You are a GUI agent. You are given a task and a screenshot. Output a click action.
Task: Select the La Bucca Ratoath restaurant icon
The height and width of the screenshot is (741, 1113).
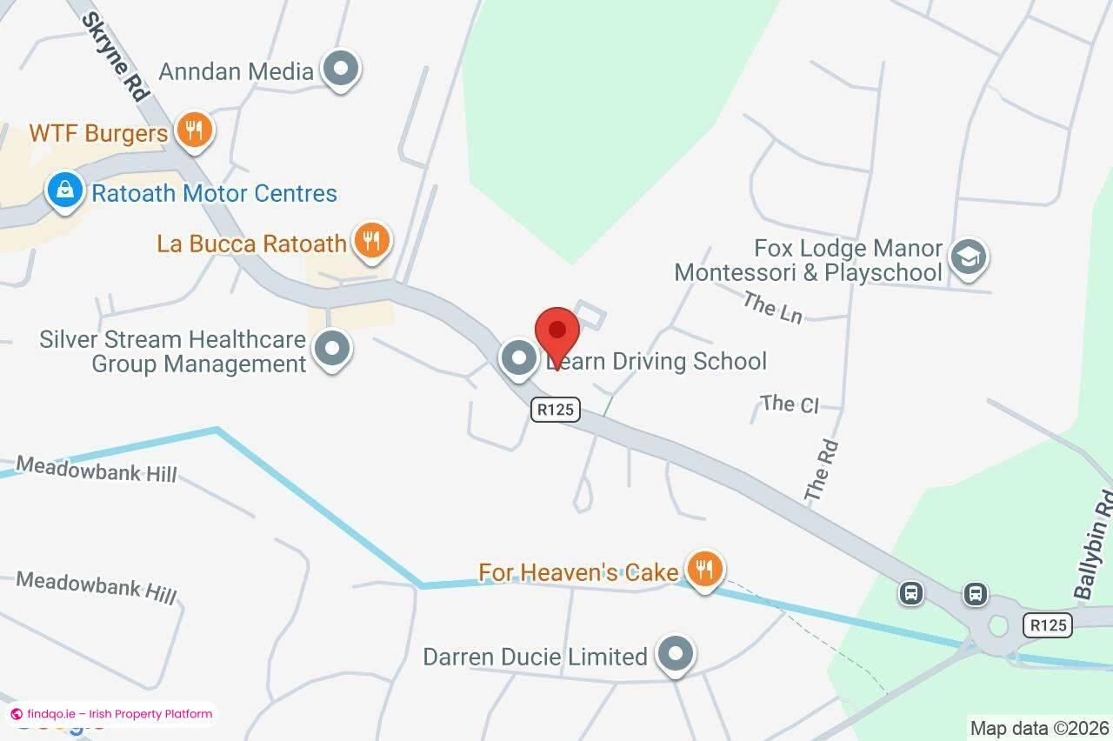pyautogui.click(x=372, y=240)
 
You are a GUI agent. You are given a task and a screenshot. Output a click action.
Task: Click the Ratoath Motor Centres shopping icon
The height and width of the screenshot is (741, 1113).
pyautogui.click(x=64, y=190)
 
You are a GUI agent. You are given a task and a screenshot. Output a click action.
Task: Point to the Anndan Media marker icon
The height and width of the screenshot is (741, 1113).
pyautogui.click(x=341, y=69)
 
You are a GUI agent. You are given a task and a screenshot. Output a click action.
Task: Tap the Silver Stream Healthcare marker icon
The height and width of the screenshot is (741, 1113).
pyautogui.click(x=331, y=350)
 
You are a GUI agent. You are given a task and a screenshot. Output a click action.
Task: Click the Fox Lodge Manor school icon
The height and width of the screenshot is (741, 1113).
pyautogui.click(x=968, y=257)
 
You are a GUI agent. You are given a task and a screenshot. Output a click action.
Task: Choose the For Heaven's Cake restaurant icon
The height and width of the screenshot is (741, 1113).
pyautogui.click(x=704, y=570)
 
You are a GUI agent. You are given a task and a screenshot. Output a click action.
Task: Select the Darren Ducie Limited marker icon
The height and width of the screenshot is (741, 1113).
pyautogui.click(x=676, y=654)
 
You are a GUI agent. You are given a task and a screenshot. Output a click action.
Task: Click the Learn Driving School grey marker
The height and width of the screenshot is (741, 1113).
pyautogui.click(x=519, y=357)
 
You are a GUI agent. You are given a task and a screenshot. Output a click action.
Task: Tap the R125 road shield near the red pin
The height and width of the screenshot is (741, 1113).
pyautogui.click(x=556, y=409)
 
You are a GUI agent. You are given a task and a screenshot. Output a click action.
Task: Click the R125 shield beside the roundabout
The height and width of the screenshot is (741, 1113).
pyautogui.click(x=1047, y=624)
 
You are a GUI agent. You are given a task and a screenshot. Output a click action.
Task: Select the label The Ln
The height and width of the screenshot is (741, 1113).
pyautogui.click(x=772, y=307)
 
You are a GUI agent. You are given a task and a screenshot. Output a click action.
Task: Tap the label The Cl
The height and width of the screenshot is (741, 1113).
pyautogui.click(x=790, y=404)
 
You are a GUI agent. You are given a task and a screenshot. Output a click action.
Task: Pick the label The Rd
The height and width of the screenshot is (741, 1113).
pyautogui.click(x=821, y=471)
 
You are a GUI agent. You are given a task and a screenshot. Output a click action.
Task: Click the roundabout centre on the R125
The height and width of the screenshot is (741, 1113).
pyautogui.click(x=998, y=624)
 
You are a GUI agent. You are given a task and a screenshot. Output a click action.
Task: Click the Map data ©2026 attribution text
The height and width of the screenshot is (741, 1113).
pyautogui.click(x=1039, y=727)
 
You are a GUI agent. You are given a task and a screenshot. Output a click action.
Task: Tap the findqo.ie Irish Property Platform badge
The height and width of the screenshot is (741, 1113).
pyautogui.click(x=111, y=714)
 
